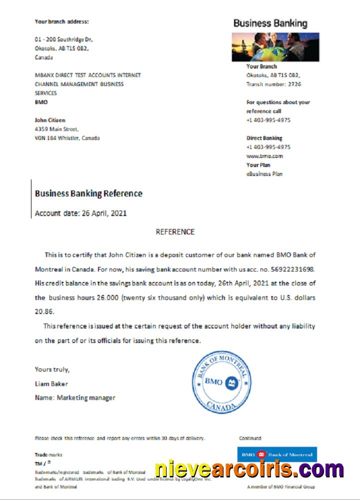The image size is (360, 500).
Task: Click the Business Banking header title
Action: pyautogui.click(x=270, y=23)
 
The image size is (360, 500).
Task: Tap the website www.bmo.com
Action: pyautogui.click(x=264, y=156)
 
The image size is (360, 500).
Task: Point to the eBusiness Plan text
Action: pyautogui.click(x=264, y=174)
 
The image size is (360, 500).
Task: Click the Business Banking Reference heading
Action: pyautogui.click(x=88, y=193)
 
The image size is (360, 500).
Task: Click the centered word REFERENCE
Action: pyautogui.click(x=175, y=232)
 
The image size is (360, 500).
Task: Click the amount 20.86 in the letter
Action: pyautogui.click(x=44, y=310)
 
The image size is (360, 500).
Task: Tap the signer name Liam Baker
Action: pyautogui.click(x=51, y=384)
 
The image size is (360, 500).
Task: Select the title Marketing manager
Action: pyautogui.click(x=85, y=398)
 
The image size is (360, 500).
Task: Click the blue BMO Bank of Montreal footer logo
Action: pyautogui.click(x=276, y=454)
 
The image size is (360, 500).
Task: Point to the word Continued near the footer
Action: pyautogui.click(x=250, y=438)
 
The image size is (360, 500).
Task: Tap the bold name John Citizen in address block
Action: pyautogui.click(x=50, y=120)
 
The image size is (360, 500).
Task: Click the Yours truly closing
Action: pyautogui.click(x=52, y=369)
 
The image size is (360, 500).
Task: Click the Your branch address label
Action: pyautogui.click(x=61, y=21)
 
